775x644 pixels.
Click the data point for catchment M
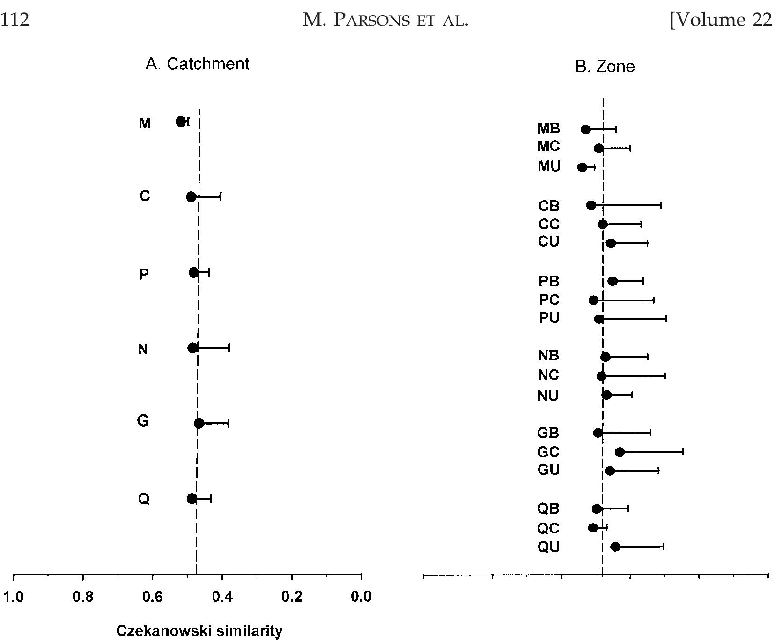tap(181, 121)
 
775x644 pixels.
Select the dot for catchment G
tap(199, 423)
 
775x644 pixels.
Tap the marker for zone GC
tap(620, 452)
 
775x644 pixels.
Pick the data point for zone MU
tap(582, 167)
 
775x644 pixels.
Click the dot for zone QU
tap(615, 547)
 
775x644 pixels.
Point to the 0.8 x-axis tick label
tap(83, 597)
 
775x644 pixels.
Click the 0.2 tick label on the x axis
tap(292, 597)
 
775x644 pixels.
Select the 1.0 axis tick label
tap(13, 597)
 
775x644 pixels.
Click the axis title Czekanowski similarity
tap(199, 630)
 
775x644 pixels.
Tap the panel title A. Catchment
tap(197, 64)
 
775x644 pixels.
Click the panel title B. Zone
tap(605, 67)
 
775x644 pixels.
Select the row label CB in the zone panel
tap(549, 205)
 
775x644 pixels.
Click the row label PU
tap(549, 318)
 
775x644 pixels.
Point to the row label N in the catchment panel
tap(143, 349)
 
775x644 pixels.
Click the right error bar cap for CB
tap(661, 205)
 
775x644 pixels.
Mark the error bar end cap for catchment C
tap(221, 196)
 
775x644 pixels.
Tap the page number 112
tap(15, 20)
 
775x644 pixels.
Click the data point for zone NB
tap(605, 357)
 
